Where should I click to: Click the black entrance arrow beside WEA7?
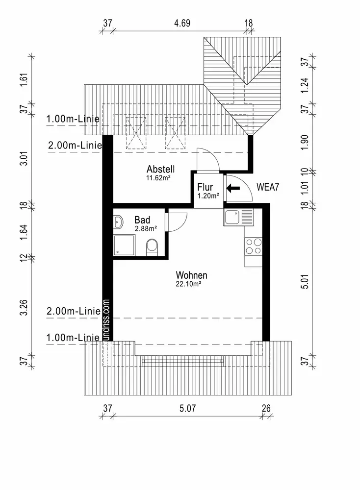coord(233,188)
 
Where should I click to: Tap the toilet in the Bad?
coord(153,247)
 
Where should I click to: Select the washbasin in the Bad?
coord(118,222)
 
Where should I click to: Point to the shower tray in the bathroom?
coord(124,245)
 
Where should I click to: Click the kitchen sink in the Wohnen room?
coord(238,217)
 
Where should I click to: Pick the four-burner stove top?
coord(254,246)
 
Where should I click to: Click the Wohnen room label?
coord(191,275)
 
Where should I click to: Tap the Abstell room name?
coord(160,169)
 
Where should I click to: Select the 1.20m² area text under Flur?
coord(208,196)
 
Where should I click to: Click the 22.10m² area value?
coord(188,284)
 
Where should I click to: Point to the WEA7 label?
coord(267,187)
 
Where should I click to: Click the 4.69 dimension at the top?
coord(182,23)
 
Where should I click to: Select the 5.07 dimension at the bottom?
coord(188,408)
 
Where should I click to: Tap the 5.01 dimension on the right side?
coord(305,282)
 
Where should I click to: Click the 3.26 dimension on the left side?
coord(24,308)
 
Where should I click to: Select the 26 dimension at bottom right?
coord(266,408)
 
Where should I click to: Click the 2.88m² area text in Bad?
coord(146,229)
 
